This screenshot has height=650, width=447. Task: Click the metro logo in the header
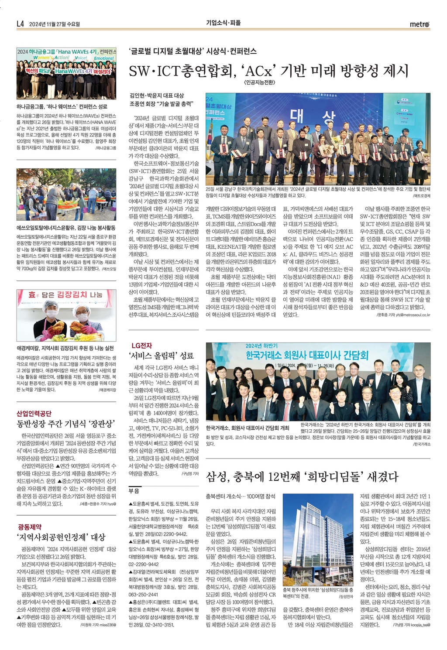(x=419, y=24)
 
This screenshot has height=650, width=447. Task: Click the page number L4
(x=20, y=24)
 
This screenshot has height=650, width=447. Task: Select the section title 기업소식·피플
(x=223, y=23)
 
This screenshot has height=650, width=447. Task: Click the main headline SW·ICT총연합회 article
(x=268, y=70)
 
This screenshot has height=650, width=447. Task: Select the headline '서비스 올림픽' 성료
(x=161, y=356)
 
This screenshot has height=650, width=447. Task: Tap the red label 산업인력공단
(x=34, y=413)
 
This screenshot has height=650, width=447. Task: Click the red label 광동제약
(x=29, y=527)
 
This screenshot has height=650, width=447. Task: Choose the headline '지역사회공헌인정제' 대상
(x=61, y=537)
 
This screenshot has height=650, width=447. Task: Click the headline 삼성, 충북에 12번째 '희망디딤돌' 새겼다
(x=302, y=476)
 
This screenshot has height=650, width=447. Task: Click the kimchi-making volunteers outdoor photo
(x=66, y=195)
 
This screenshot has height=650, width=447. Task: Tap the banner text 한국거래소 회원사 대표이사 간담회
(x=307, y=355)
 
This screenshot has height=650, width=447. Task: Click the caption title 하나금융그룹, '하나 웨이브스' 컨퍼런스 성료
(x=62, y=106)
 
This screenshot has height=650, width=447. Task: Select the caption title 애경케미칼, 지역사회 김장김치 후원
(x=65, y=348)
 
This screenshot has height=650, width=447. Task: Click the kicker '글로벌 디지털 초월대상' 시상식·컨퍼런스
(x=193, y=51)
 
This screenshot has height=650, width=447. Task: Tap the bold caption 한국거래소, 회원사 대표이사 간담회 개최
(x=248, y=428)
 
